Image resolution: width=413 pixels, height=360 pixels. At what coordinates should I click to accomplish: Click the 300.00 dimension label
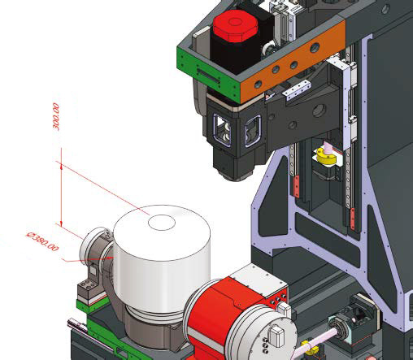coord(55,116)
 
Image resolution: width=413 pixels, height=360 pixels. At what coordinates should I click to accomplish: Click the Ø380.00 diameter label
coord(42,241)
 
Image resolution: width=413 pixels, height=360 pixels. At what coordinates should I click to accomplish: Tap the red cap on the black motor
coord(235,26)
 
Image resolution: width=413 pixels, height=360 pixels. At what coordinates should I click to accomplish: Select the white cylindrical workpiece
coord(162,258)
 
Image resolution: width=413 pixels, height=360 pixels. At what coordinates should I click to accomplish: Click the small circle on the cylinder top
coord(162,223)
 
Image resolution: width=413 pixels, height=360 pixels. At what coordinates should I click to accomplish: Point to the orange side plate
coord(293,62)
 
